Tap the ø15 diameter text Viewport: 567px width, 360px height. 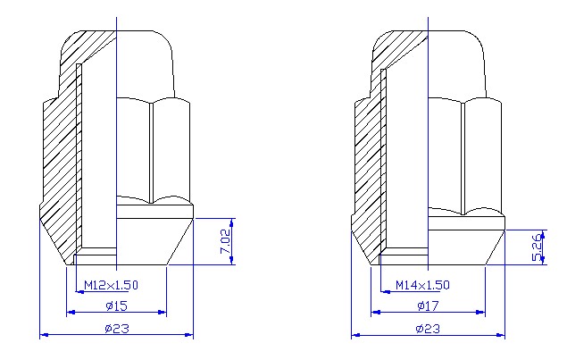point(116,306)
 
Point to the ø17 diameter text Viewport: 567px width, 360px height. point(428,306)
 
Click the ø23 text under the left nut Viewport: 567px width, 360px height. point(116,328)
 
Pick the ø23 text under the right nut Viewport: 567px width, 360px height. point(428,328)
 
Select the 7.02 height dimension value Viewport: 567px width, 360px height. point(225,241)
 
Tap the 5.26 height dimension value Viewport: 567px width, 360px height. point(537,247)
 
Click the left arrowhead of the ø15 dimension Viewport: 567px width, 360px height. point(71,313)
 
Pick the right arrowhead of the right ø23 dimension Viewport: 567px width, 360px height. point(501,335)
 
